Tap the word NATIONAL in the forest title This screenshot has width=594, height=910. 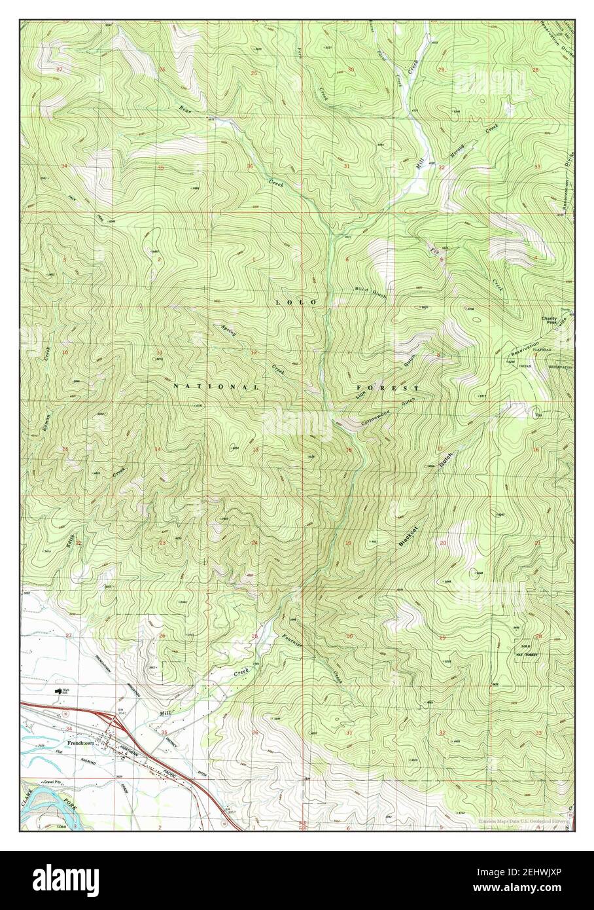pos(216,387)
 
